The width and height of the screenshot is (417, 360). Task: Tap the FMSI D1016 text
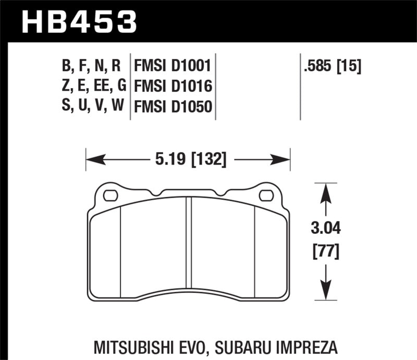tap(172, 87)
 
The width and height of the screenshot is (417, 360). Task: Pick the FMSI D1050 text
tap(172, 107)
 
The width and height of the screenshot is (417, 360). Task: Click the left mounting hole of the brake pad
tap(111, 196)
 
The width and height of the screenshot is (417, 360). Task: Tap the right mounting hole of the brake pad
tap(266, 196)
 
